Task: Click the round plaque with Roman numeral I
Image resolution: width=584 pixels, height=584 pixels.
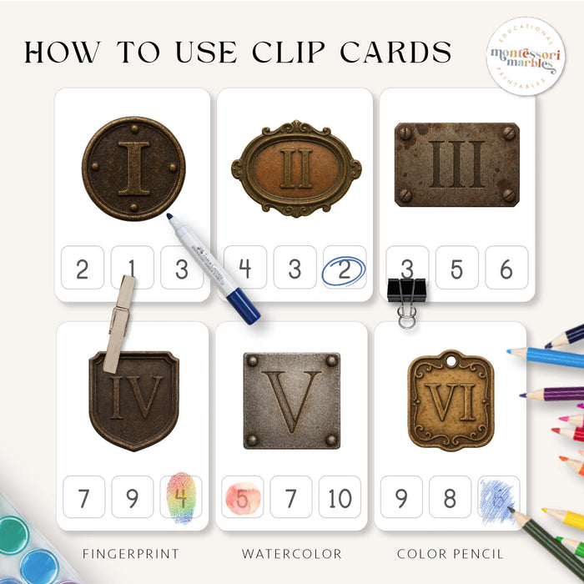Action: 133,169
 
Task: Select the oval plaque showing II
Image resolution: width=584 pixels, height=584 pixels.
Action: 295,168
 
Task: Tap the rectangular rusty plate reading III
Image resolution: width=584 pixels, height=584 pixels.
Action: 456,164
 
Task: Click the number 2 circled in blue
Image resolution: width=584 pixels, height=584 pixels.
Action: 344,269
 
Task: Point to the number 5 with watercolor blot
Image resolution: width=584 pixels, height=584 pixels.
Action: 242,498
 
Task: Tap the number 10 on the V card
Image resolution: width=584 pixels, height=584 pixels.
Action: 340,498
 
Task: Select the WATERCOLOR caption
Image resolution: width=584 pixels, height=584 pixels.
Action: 291,553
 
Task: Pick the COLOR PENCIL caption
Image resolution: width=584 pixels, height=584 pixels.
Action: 450,553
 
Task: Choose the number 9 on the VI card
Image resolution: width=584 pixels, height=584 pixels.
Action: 401,498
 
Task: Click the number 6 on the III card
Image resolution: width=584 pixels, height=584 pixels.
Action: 506,269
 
